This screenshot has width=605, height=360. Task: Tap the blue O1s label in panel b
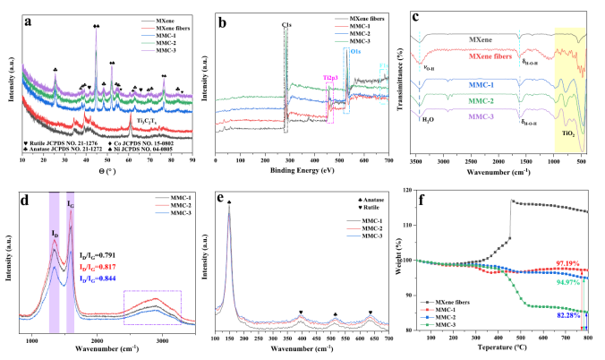click(x=356, y=52)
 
